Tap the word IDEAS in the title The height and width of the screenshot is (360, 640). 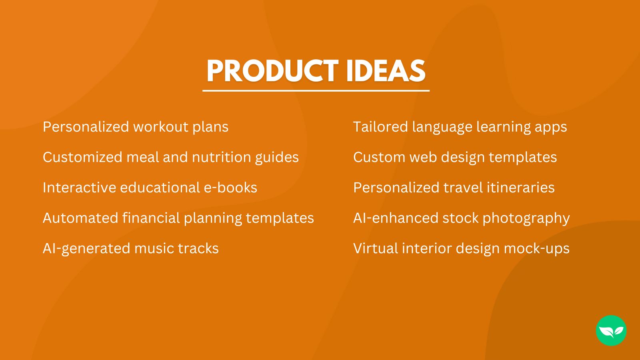point(385,71)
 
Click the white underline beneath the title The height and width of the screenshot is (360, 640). point(316,91)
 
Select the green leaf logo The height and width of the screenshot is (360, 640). point(611,330)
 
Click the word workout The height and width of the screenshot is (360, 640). point(160,127)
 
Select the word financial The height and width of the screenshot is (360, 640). point(151,218)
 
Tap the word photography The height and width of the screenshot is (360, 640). point(526,218)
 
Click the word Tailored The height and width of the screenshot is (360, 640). point(380,127)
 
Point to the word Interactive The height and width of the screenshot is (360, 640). point(79,188)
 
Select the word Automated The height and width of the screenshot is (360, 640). point(80,218)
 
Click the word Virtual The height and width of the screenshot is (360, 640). point(375,248)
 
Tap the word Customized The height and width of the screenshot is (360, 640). point(82,157)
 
